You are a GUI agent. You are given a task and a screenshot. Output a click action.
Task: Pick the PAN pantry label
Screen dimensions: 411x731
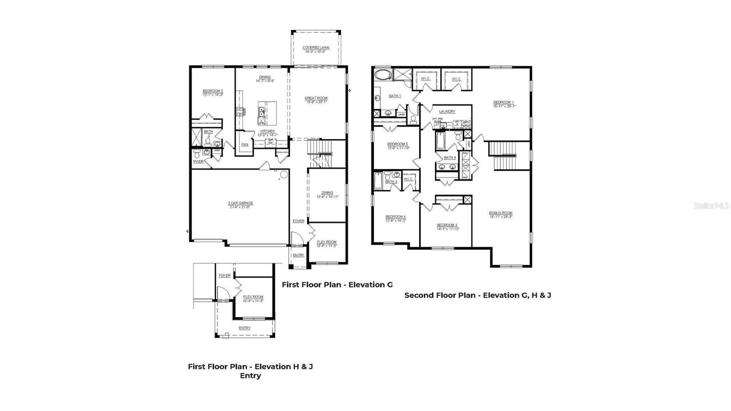(245, 144)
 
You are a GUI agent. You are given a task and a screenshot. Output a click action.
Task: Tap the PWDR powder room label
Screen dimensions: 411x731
(198, 161)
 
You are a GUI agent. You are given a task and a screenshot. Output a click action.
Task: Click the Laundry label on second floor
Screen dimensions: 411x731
(447, 112)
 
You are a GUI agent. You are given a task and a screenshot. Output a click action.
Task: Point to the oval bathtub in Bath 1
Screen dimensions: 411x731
(381, 75)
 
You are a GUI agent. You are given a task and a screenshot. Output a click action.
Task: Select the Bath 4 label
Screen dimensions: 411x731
(450, 157)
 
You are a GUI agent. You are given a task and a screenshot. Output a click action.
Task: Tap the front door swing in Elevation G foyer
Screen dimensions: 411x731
(296, 239)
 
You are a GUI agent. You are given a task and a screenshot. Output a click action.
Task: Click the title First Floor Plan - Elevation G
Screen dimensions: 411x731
(337, 285)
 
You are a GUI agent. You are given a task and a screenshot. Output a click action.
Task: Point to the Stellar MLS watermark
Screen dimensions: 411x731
(711, 206)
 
